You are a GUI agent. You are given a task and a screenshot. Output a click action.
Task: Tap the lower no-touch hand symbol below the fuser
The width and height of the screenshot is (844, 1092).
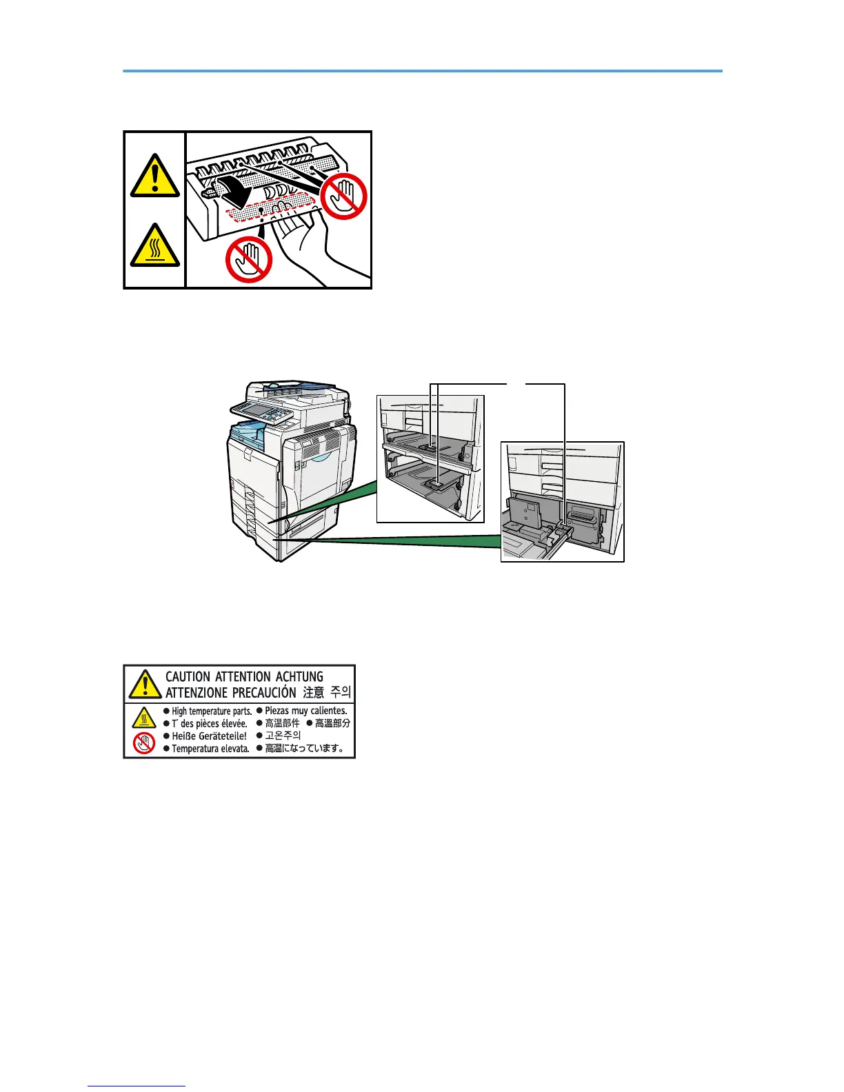click(249, 259)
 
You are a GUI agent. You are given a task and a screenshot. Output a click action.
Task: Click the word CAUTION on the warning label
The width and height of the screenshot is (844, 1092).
click(188, 677)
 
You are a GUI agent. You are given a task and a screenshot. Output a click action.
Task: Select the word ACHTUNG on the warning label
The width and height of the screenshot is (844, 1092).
click(299, 677)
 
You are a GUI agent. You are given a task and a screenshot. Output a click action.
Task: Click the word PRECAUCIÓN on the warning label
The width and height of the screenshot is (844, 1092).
click(263, 692)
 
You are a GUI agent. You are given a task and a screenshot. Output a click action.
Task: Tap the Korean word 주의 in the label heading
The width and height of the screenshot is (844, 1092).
click(341, 692)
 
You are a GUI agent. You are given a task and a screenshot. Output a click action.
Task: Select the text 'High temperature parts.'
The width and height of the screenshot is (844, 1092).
click(212, 711)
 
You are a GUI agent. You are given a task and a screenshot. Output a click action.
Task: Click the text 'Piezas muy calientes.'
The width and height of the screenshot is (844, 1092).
click(305, 710)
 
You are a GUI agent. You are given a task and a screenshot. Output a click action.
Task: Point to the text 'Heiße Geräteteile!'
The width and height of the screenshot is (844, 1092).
click(209, 736)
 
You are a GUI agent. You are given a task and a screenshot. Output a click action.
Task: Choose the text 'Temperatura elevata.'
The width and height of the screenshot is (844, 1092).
click(210, 749)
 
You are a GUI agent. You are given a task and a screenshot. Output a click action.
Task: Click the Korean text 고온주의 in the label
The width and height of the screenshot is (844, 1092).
click(283, 736)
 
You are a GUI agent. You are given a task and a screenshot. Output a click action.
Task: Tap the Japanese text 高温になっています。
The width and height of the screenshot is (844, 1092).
click(304, 749)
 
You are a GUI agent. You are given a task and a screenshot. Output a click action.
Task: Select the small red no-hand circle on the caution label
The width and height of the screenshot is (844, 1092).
click(143, 743)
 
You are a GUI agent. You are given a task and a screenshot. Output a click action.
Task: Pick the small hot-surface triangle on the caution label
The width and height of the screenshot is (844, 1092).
click(143, 718)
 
